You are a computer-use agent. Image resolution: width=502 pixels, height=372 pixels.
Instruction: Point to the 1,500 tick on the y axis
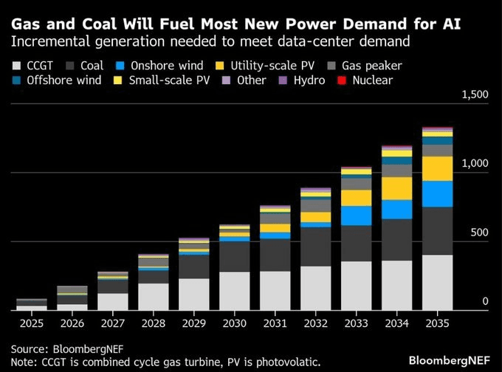475,94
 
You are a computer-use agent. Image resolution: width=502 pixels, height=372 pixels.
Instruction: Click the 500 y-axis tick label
479,232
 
